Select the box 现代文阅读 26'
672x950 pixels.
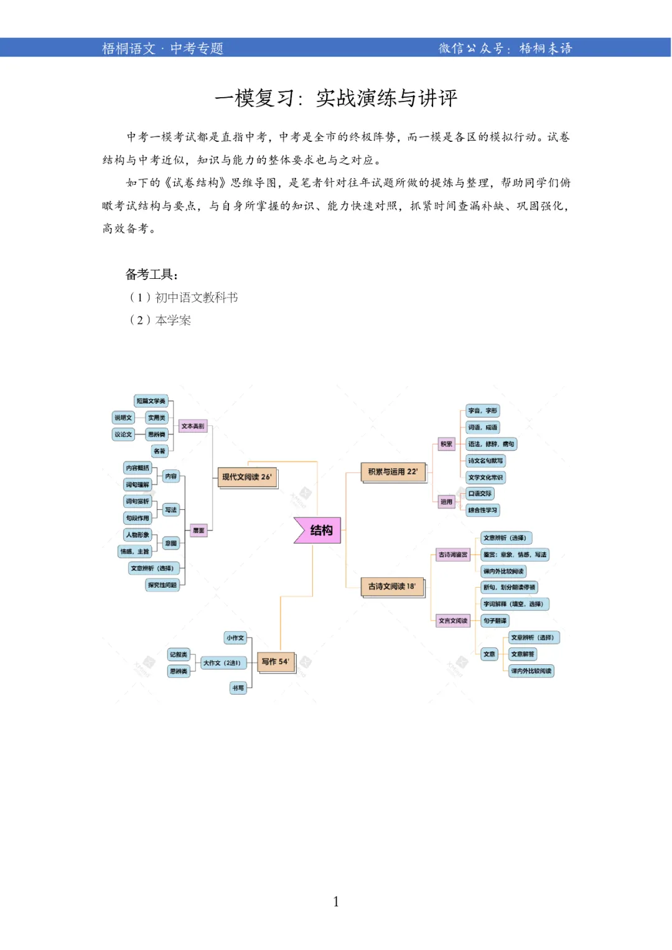point(247,477)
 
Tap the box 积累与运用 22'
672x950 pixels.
point(393,472)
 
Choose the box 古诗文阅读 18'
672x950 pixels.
point(392,586)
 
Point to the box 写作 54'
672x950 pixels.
point(275,662)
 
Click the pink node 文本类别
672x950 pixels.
point(192,426)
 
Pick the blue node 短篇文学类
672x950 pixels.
point(151,401)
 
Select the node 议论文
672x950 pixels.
point(123,435)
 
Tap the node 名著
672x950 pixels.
point(160,451)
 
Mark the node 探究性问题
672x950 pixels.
point(162,585)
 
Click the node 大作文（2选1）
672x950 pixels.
point(222,663)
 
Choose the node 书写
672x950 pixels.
point(238,688)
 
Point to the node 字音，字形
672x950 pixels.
point(483,411)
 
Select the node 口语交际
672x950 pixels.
point(480,494)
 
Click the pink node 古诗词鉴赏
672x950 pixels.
point(453,555)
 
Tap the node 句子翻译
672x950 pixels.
point(495,621)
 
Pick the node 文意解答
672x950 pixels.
point(522,654)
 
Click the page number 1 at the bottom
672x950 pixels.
point(336,901)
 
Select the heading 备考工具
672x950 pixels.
point(152,275)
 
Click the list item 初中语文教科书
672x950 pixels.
point(196,298)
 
